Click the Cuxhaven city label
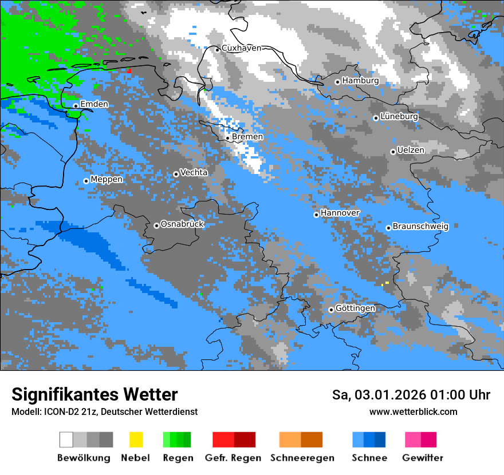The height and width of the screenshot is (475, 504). pyautogui.click(x=241, y=48)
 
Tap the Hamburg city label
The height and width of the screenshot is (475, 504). pyautogui.click(x=360, y=81)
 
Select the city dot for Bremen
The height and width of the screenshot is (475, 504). pyautogui.click(x=227, y=138)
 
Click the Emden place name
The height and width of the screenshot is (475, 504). pyautogui.click(x=94, y=104)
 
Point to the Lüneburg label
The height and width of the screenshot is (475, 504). pyautogui.click(x=399, y=116)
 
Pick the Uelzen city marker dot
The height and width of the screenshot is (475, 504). pyautogui.click(x=393, y=152)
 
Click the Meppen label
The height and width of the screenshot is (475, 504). pyautogui.click(x=107, y=179)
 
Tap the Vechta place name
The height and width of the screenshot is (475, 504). pyautogui.click(x=194, y=172)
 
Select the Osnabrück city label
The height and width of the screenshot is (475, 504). pyautogui.click(x=182, y=224)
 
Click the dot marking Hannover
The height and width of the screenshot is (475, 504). pyautogui.click(x=316, y=215)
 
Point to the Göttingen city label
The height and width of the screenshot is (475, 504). pyautogui.click(x=355, y=308)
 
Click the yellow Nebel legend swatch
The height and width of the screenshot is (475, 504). pyautogui.click(x=136, y=440)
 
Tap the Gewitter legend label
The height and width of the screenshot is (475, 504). pyautogui.click(x=423, y=458)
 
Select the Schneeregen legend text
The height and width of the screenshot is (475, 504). pyautogui.click(x=302, y=458)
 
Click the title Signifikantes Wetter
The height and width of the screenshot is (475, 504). pyautogui.click(x=94, y=394)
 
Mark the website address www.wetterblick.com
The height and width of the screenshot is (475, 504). pyautogui.click(x=413, y=411)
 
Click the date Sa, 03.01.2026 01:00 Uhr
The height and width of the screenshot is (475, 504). pyautogui.click(x=411, y=395)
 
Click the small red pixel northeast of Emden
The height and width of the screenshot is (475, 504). pyautogui.click(x=129, y=70)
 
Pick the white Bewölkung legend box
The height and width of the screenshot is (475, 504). pyautogui.click(x=66, y=440)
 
